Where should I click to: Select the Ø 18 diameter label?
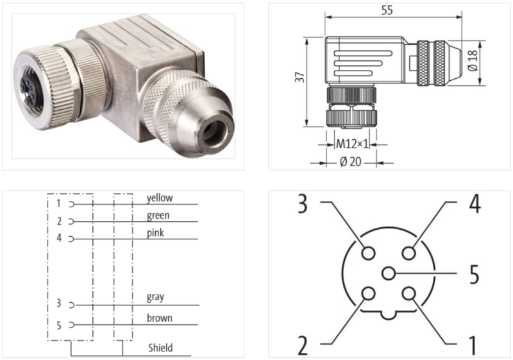[x=473, y=58]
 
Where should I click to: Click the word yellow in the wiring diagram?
[x=160, y=198]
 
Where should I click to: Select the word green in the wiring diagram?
[x=158, y=216]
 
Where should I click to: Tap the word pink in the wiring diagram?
[x=155, y=233]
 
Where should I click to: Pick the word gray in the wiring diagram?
[x=155, y=297]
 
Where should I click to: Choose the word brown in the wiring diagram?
[x=159, y=318]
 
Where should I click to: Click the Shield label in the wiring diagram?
[x=160, y=348]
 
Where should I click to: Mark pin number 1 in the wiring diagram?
[x=58, y=203]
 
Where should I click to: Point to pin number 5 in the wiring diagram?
[x=58, y=325]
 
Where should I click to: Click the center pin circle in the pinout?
[x=388, y=274]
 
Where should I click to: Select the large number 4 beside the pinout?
[x=474, y=204]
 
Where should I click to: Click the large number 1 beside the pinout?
[x=473, y=344]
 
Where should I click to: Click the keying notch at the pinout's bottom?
[x=388, y=316]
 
